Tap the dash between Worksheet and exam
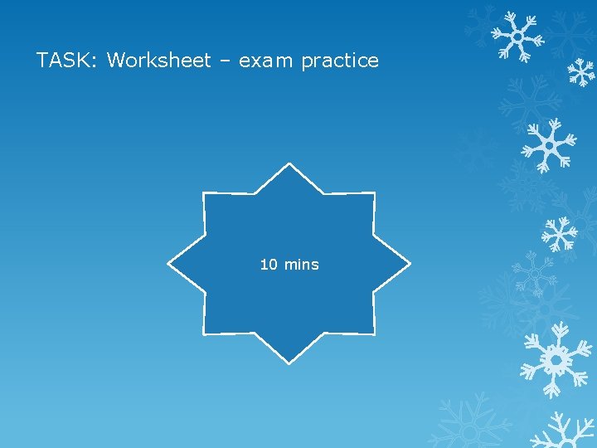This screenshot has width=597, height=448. coord(225,61)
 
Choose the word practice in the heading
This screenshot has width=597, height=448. coord(340,61)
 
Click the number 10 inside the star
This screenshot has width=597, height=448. coord(269,265)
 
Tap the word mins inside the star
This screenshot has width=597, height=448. coord(301,265)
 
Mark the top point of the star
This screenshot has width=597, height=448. coord(289,165)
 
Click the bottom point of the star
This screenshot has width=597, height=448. coord(289,363)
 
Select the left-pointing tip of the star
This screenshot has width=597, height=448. coord(170,265)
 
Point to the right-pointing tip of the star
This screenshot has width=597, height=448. coord(409,265)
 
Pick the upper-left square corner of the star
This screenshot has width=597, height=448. coord(205,194)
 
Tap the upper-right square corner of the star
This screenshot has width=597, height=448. coord(373,194)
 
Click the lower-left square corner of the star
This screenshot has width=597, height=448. coord(205,334)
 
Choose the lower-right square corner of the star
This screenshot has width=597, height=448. coord(373,334)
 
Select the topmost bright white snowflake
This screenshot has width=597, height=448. coord(517,37)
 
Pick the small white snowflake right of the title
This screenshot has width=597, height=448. coord(581,73)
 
